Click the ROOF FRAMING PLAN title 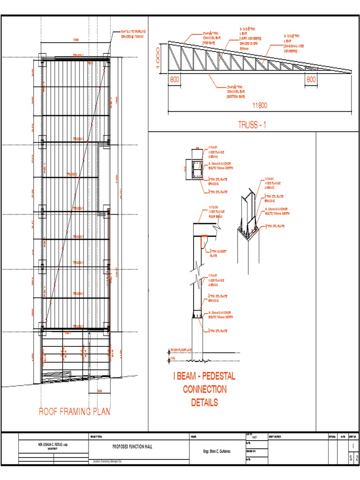[75, 412]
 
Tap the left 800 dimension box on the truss [174, 80]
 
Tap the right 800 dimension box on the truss [311, 80]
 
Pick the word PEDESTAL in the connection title [214, 376]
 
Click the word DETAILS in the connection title [204, 402]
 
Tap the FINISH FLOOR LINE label [182, 350]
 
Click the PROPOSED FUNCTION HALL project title [133, 447]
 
